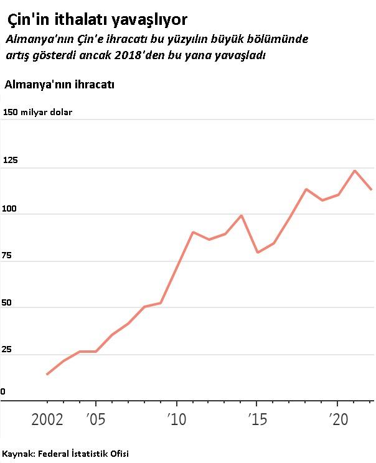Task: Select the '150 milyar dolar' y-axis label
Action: pyautogui.click(x=38, y=113)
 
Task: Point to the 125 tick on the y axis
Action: pyautogui.click(x=11, y=160)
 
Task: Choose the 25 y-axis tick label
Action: pyautogui.click(x=8, y=349)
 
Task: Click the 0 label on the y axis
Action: pyautogui.click(x=3, y=391)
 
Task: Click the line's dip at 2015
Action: pyautogui.click(x=257, y=252)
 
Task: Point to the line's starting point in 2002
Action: pyautogui.click(x=47, y=374)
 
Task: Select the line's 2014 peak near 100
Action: pyautogui.click(x=241, y=215)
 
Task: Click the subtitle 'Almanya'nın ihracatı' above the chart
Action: pyautogui.click(x=59, y=85)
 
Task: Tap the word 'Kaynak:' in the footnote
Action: pyautogui.click(x=18, y=453)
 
